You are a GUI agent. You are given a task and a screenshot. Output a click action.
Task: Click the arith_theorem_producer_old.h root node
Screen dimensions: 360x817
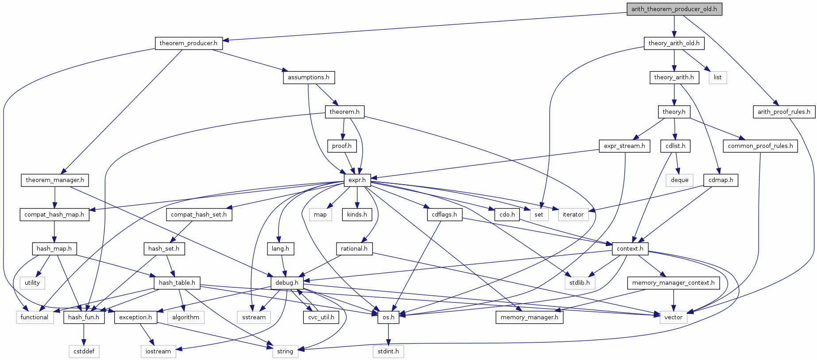(x=674, y=9)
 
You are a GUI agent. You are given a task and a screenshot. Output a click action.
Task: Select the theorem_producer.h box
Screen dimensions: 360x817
(x=188, y=43)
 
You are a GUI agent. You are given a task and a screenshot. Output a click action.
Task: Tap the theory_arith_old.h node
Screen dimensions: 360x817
(x=674, y=43)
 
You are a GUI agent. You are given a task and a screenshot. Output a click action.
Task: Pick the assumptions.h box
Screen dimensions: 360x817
(x=308, y=77)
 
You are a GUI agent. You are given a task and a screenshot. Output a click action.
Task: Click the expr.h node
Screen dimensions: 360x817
(x=357, y=180)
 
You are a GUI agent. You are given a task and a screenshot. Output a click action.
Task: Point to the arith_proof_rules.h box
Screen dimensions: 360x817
(x=784, y=112)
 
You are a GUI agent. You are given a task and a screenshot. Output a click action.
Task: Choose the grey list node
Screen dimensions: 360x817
(x=717, y=77)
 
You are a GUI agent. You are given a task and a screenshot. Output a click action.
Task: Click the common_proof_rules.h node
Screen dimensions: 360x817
(x=760, y=146)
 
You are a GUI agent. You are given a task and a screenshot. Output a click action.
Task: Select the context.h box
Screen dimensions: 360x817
(x=630, y=248)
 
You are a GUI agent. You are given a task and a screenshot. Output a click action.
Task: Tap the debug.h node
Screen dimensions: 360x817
(x=287, y=283)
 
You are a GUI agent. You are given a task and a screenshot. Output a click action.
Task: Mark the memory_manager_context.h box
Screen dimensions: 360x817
(x=673, y=283)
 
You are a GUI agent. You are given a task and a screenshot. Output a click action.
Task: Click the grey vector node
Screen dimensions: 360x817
(x=673, y=317)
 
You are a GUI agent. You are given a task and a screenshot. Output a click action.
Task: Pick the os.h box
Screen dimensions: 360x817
(x=388, y=317)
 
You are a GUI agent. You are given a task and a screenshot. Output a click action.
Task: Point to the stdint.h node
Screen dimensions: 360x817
(x=388, y=351)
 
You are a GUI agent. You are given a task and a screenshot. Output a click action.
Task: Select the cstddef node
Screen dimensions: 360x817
(x=84, y=351)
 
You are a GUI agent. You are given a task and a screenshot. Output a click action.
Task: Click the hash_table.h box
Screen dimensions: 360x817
(x=177, y=283)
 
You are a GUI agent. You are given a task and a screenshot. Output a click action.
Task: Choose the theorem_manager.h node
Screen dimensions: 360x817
(x=54, y=180)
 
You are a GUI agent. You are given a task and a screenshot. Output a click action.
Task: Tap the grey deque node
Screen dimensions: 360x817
(x=679, y=180)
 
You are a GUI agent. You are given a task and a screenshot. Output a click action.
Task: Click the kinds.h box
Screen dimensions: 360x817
(x=357, y=214)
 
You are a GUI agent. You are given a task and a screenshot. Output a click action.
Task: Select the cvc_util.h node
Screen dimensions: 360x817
(x=321, y=317)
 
